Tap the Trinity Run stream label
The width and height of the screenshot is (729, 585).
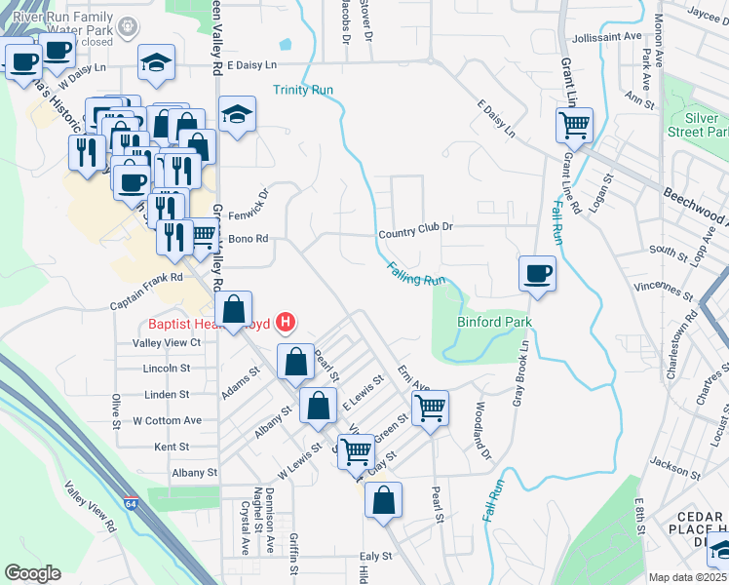[x=303, y=90]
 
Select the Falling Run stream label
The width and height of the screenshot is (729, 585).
[x=416, y=274]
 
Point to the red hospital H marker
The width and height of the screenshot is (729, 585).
[x=286, y=321]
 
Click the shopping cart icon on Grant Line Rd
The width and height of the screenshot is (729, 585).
[x=574, y=125]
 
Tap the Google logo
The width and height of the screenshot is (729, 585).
[x=33, y=573]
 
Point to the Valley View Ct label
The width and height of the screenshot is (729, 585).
[x=167, y=343]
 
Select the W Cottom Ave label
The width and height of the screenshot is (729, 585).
[x=167, y=420]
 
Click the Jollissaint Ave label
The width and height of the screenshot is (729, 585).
[x=608, y=36]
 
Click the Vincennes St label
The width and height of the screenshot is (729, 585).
[x=660, y=289]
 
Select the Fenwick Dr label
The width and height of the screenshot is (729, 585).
[x=250, y=205]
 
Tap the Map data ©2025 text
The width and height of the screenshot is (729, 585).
[x=687, y=577]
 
